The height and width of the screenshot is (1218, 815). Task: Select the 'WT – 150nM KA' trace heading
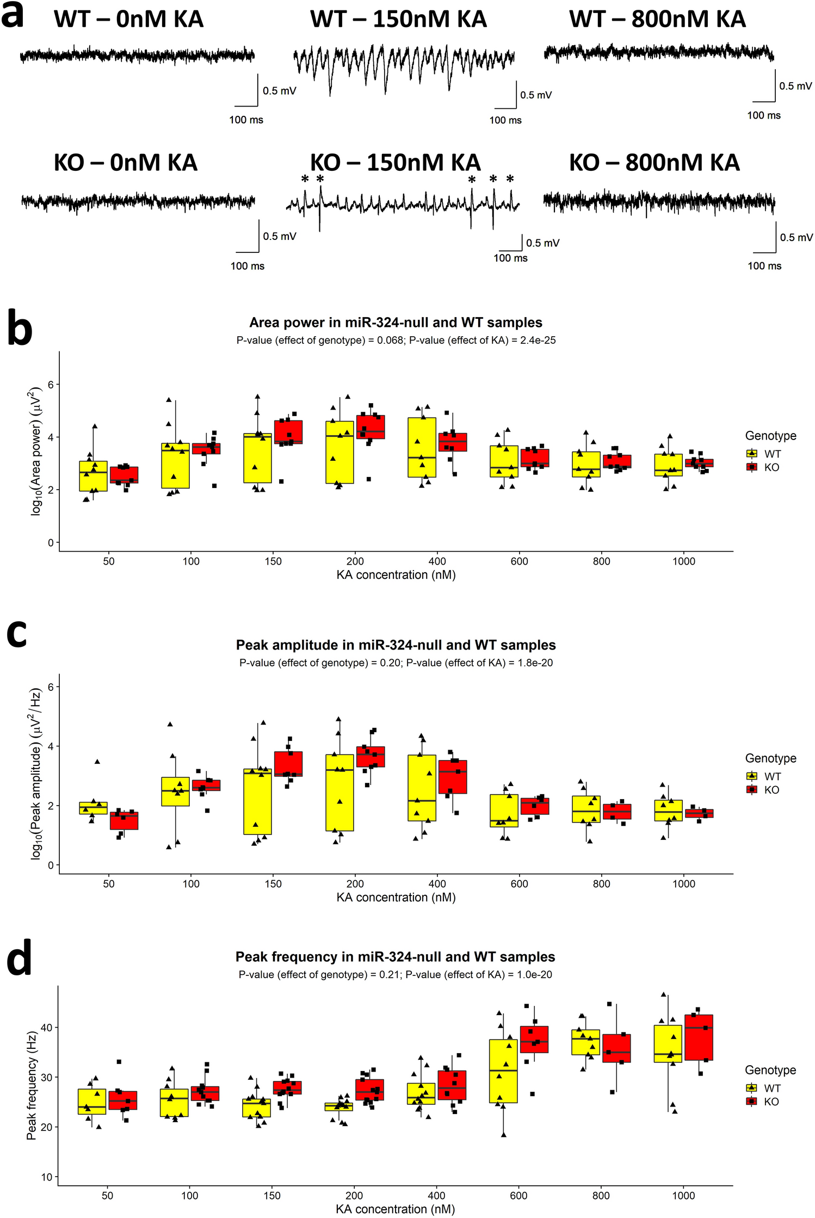(398, 20)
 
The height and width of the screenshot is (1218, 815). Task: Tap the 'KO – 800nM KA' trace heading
(654, 163)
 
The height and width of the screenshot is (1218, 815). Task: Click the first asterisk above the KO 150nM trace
(305, 180)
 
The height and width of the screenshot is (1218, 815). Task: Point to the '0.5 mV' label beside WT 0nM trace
(279, 91)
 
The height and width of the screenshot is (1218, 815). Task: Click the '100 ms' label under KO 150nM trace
(510, 258)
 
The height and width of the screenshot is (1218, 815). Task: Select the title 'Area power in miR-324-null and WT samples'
(396, 323)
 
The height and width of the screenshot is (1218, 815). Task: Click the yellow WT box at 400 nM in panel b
(422, 447)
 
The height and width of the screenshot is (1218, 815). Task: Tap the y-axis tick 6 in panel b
(51, 385)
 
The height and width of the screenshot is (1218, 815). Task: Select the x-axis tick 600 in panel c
(519, 884)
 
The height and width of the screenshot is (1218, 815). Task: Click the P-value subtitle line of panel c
(396, 663)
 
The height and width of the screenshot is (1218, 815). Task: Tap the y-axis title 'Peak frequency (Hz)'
(32, 1085)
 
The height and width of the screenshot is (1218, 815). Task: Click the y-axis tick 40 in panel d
(47, 1028)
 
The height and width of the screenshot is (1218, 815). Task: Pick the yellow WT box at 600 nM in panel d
(503, 1071)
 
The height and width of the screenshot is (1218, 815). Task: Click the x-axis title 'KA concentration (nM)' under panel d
(395, 1209)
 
